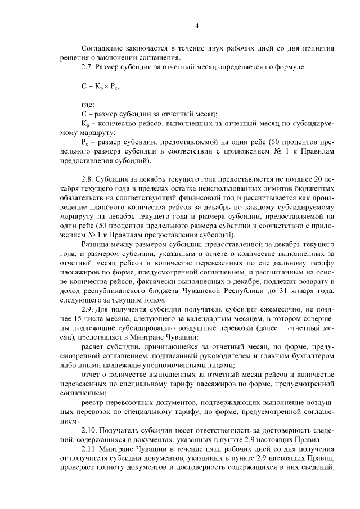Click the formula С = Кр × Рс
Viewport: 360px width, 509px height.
(101, 86)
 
